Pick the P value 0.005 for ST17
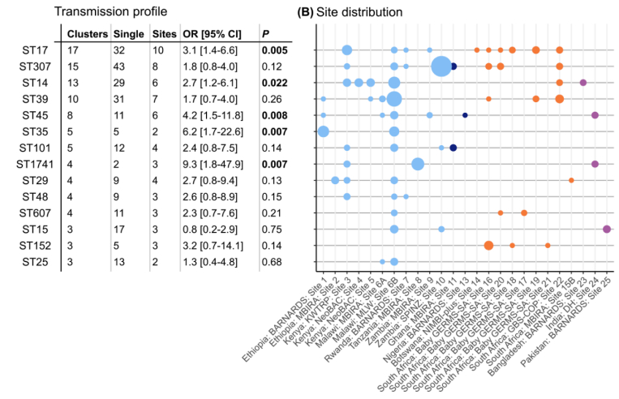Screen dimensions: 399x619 (x=273, y=50)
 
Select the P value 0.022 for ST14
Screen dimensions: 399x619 (x=273, y=83)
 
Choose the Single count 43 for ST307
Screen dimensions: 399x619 (x=121, y=66)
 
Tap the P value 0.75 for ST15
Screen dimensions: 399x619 (x=269, y=230)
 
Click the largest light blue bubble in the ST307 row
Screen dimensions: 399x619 (x=441, y=66)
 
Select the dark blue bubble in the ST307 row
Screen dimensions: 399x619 (x=454, y=66)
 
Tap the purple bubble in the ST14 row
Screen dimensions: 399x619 (x=582, y=83)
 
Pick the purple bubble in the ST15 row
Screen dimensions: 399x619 (x=607, y=230)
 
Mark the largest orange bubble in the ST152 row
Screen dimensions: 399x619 (x=488, y=246)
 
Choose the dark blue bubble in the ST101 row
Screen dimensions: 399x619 (x=454, y=148)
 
